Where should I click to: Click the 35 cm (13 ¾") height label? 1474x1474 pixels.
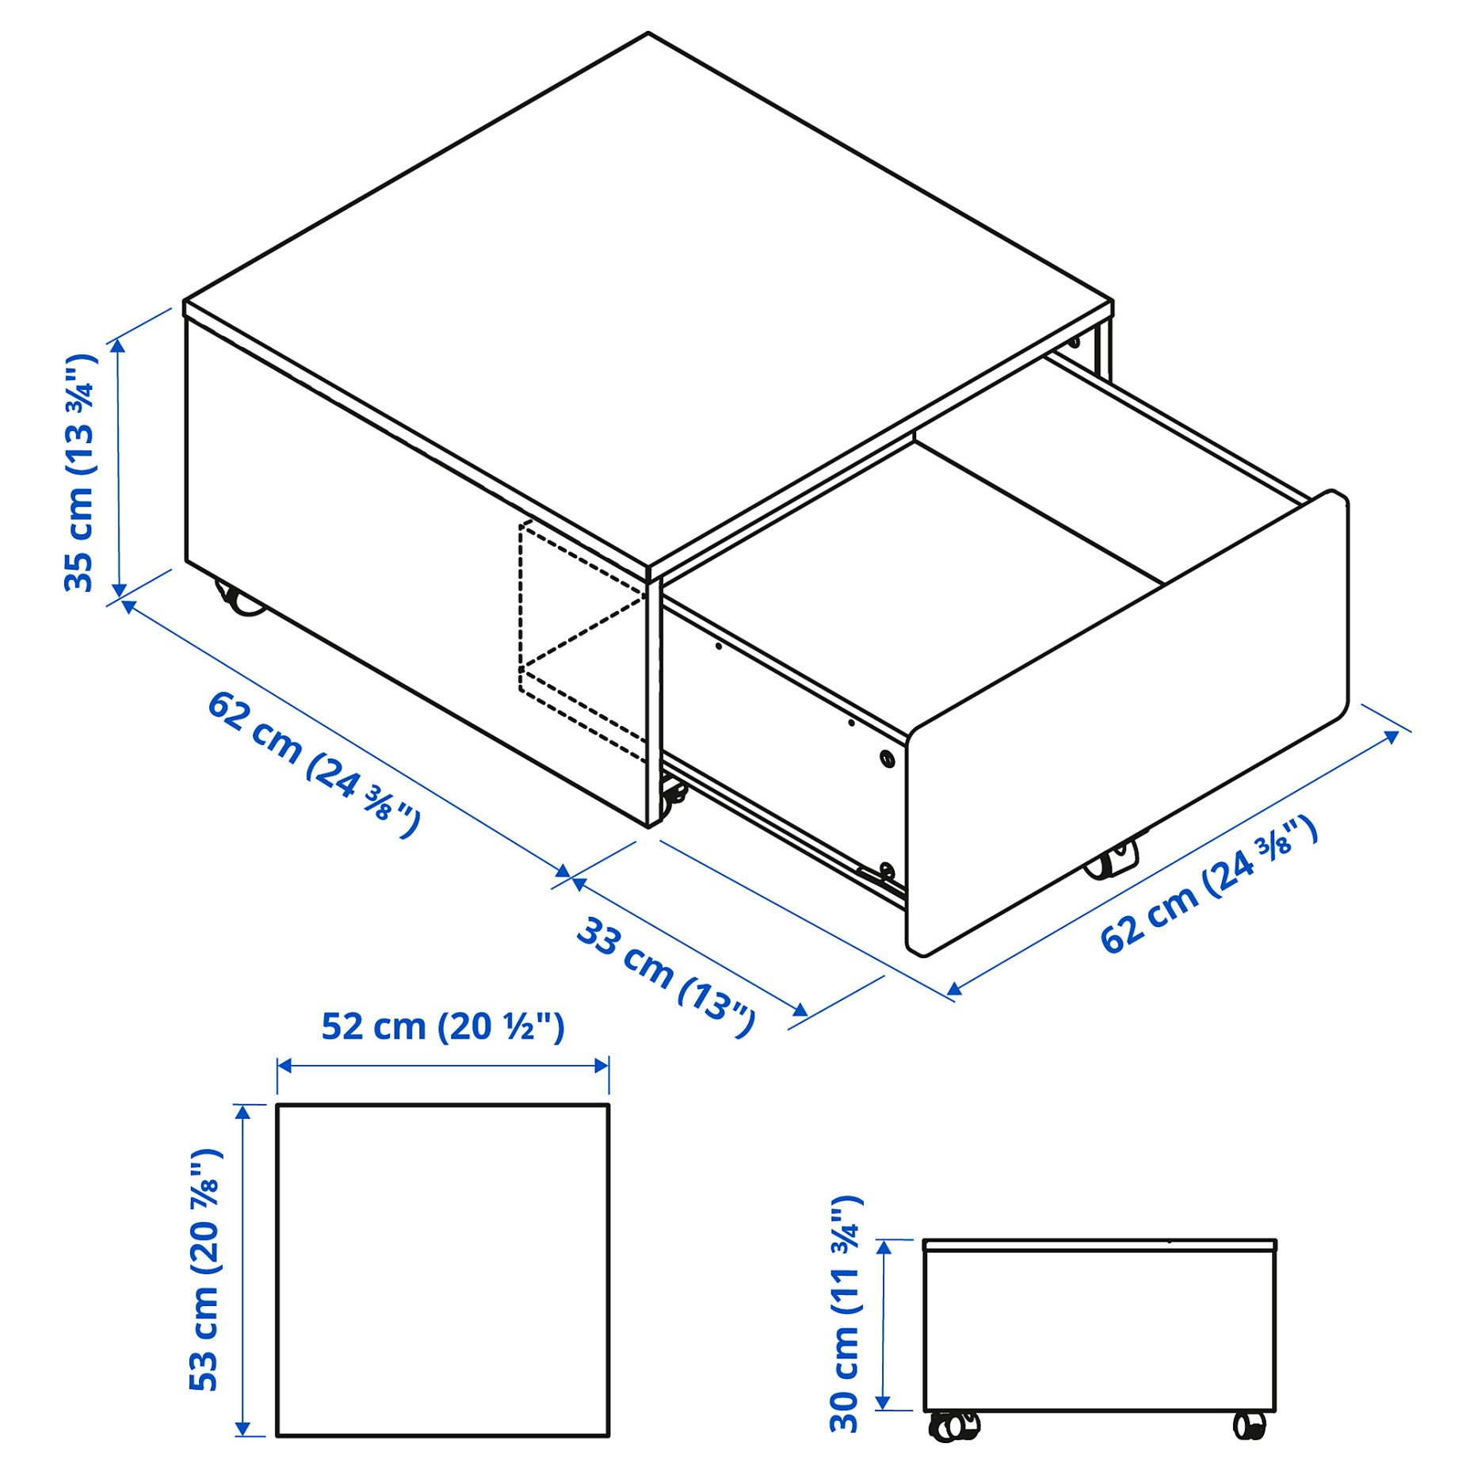tap(79, 473)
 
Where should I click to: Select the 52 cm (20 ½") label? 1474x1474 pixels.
tap(442, 1027)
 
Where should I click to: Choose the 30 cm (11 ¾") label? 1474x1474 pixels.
tap(845, 1314)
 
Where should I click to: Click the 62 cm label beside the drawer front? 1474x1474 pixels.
tap(1208, 885)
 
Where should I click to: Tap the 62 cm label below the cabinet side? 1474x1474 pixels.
tap(313, 762)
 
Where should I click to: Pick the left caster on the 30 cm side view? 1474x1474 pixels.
tap(953, 1426)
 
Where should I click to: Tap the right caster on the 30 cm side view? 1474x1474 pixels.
tap(1250, 1426)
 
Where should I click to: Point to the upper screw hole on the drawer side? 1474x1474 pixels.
tap(887, 758)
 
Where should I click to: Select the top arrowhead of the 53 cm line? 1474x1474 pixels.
tap(244, 1111)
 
